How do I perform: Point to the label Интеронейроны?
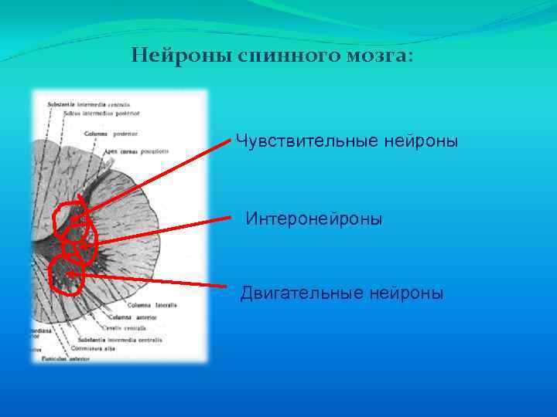click(314, 219)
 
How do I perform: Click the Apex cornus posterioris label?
click(140, 151)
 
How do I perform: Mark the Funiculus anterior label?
click(65, 358)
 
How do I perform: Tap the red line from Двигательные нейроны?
click(155, 279)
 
